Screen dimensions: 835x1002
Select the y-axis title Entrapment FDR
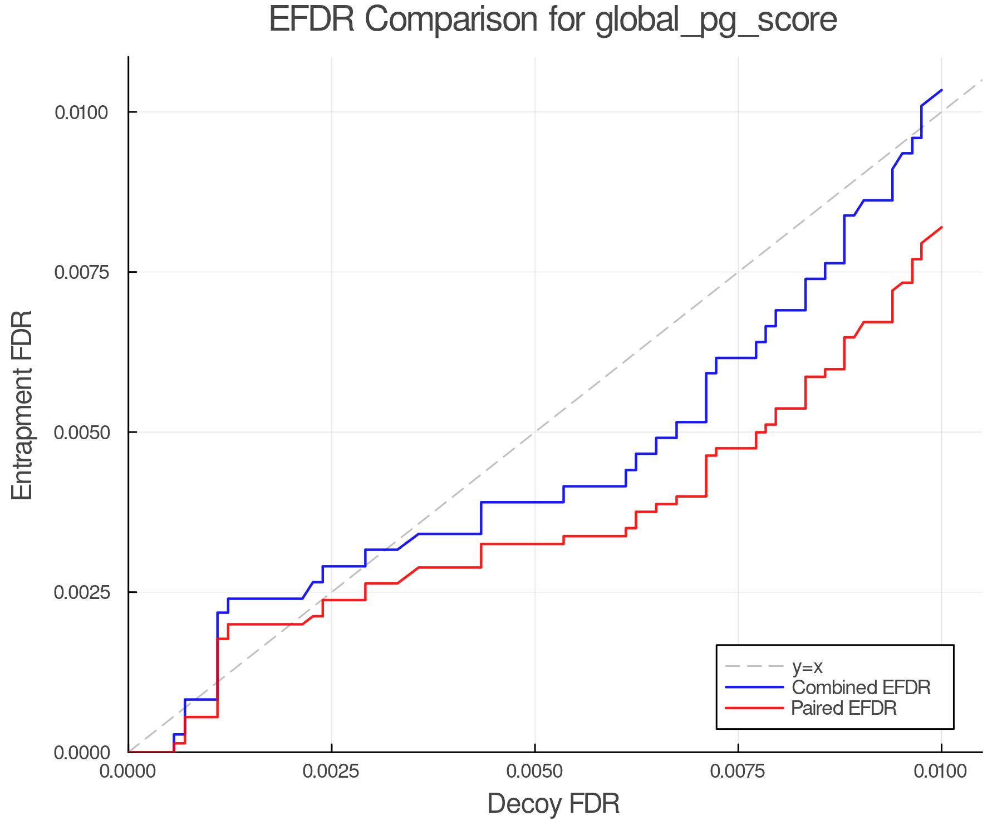pos(22,405)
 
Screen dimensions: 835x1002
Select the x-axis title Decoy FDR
pos(553,804)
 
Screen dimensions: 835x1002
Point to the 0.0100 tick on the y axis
pos(81,112)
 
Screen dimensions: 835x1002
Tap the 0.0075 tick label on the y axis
pos(81,272)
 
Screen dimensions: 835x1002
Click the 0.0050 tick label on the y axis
pos(81,433)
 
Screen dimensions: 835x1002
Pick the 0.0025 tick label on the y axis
pos(81,592)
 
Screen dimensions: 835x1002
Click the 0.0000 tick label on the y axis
pos(81,753)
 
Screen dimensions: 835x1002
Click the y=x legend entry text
pos(807,666)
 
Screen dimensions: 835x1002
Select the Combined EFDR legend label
pos(861,687)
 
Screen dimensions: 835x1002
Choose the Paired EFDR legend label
pos(843,708)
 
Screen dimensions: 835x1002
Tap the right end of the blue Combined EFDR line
pos(941,90)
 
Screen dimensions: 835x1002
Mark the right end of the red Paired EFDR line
pos(941,227)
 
